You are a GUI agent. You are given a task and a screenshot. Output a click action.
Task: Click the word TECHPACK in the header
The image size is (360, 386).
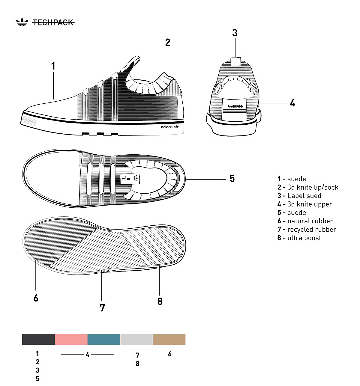[x=53, y=22]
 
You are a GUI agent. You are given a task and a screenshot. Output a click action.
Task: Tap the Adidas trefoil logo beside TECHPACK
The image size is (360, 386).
[x=22, y=22]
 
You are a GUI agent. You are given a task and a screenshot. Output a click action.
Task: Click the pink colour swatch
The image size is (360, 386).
[x=71, y=339]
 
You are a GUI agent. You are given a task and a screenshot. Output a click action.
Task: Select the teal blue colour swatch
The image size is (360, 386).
[x=104, y=339]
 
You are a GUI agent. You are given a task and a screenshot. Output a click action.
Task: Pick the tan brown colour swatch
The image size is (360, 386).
[x=169, y=339]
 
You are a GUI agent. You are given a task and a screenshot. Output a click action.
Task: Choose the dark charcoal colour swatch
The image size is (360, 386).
[x=38, y=339]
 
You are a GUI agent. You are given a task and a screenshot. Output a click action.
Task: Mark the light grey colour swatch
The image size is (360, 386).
[x=136, y=339]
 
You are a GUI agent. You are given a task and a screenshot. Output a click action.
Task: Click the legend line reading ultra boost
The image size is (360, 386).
[x=299, y=238]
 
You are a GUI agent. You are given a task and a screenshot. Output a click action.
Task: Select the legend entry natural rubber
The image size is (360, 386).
[x=305, y=221]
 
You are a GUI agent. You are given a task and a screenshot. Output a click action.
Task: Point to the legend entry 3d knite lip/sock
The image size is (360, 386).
[x=308, y=188]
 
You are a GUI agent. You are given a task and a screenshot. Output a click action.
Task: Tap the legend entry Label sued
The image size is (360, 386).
[x=299, y=196]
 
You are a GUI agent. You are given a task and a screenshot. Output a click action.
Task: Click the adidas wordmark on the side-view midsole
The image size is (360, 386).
[x=167, y=127]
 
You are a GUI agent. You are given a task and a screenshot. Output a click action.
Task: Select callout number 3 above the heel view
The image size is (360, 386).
[x=235, y=33]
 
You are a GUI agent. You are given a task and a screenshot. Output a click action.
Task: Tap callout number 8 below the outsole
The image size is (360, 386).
[x=160, y=301]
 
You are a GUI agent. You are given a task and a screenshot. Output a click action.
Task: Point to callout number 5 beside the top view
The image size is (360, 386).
[x=232, y=179]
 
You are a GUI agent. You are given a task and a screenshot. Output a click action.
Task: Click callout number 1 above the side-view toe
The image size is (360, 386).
[x=53, y=66]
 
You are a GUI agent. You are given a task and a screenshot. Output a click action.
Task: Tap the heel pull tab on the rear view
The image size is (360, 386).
[x=235, y=61]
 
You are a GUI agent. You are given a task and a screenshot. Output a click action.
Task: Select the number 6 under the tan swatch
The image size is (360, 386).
[x=170, y=354]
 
